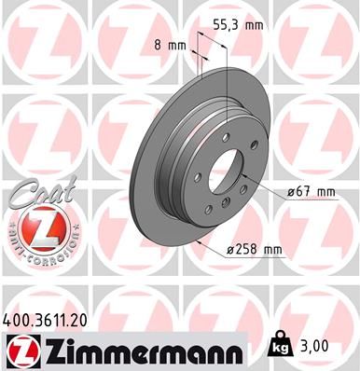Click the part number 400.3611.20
[x=52, y=320]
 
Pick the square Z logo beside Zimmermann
[x=21, y=352]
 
